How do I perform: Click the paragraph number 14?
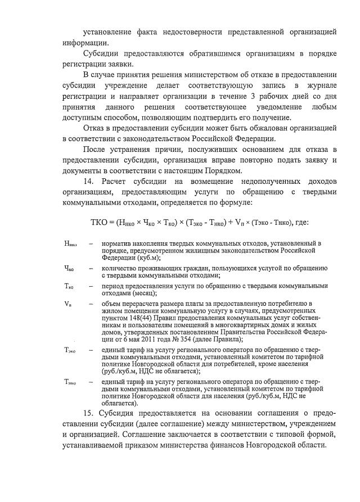tap(88, 180)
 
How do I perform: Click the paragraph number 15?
tap(88, 414)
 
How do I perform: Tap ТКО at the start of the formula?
tap(101, 222)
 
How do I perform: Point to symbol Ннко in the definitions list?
tap(70, 244)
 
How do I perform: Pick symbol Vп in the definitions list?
tap(67, 304)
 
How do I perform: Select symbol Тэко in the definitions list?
tap(70, 350)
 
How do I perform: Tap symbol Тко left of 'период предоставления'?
tap(69, 286)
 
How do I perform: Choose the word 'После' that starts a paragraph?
tap(95, 149)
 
